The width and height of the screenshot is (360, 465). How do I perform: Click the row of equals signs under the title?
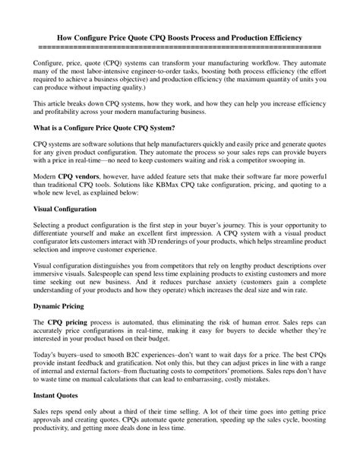pyautogui.click(x=179, y=46)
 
